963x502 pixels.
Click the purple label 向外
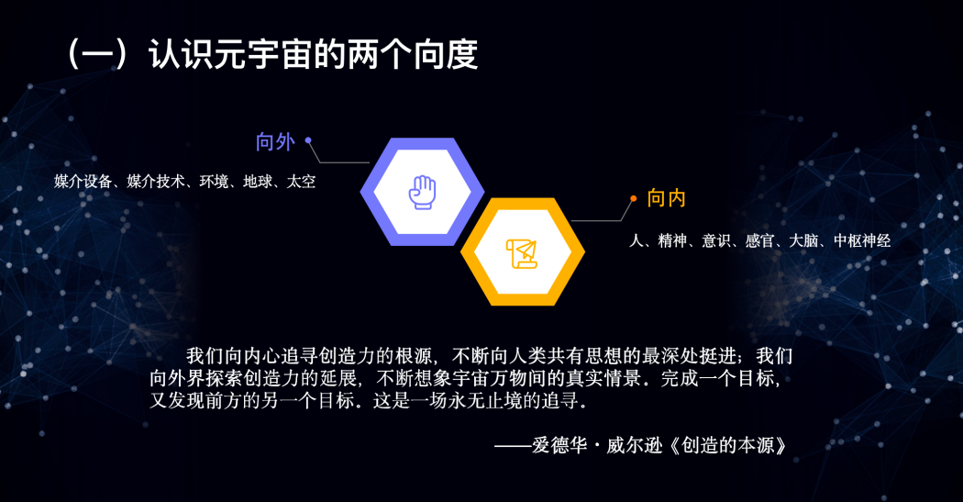pos(275,141)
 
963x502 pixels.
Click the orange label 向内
pos(667,198)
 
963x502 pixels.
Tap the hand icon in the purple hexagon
pos(422,192)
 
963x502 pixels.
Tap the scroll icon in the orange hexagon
pos(522,251)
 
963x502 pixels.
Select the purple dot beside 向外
pos(308,140)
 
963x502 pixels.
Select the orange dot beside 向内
pos(633,197)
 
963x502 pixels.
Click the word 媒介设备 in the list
pos(83,182)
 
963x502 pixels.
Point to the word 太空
pos(301,182)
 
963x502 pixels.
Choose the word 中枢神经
pos(861,241)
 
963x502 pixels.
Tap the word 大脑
pos(803,241)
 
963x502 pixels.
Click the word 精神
pos(673,241)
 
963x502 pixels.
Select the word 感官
pos(759,241)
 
